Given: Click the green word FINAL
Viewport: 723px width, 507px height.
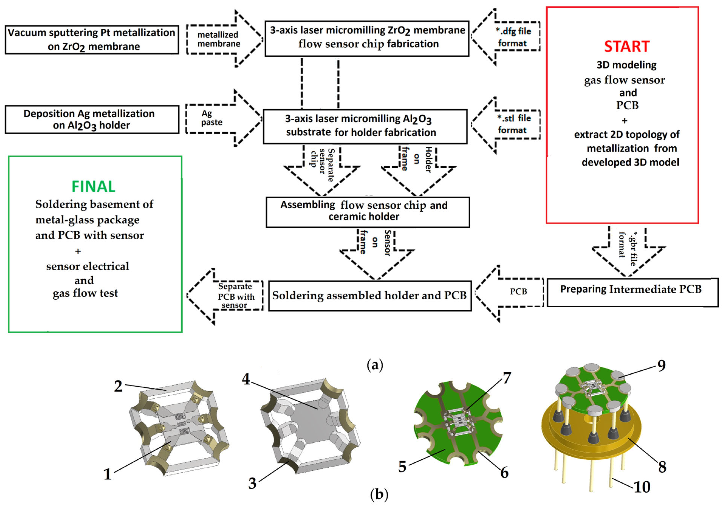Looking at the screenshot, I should click(x=94, y=187).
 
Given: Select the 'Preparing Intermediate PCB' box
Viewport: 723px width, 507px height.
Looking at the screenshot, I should click(x=632, y=292).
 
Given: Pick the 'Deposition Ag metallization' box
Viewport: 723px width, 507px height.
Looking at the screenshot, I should click(x=92, y=119).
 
